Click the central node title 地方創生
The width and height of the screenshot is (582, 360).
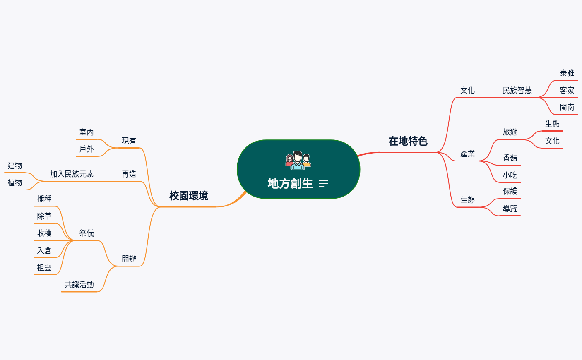tap(290, 183)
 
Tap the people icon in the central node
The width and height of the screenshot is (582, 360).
tap(298, 161)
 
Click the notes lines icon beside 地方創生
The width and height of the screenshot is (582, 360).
tap(323, 184)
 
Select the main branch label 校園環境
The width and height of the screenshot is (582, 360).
tap(188, 196)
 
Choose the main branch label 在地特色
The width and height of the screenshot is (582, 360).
tap(408, 141)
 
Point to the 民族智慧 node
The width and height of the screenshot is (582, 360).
tap(517, 91)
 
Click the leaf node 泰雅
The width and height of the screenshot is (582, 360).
tap(567, 73)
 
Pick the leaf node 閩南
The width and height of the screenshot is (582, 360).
tap(567, 108)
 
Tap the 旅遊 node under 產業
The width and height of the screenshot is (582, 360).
tap(510, 132)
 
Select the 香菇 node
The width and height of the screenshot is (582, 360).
tap(510, 158)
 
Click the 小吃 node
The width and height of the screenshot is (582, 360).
tap(510, 175)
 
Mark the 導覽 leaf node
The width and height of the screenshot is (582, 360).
tap(510, 209)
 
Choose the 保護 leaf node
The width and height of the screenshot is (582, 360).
tap(510, 191)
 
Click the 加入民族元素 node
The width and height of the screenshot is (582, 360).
tap(72, 174)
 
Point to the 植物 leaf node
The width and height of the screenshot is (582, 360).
tap(15, 183)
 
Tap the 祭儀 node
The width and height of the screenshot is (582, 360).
tap(87, 233)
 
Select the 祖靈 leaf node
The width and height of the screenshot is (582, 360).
tap(44, 268)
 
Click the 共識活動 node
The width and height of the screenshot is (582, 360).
tap(79, 285)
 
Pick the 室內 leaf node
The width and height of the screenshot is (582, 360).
tap(87, 132)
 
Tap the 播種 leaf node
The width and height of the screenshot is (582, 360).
tap(44, 199)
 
